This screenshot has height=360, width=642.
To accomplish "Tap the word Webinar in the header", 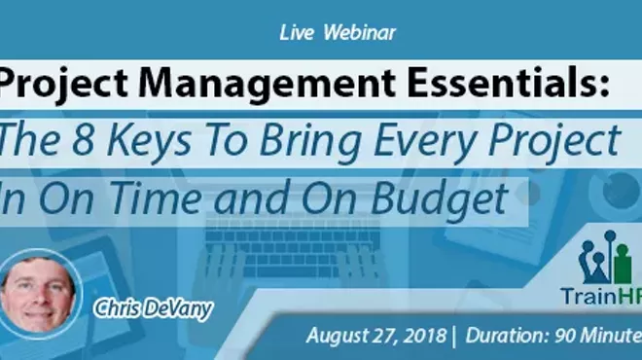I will click(361, 31).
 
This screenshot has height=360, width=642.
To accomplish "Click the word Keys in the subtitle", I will click(158, 143).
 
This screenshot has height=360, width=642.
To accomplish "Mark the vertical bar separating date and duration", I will click(453, 336).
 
